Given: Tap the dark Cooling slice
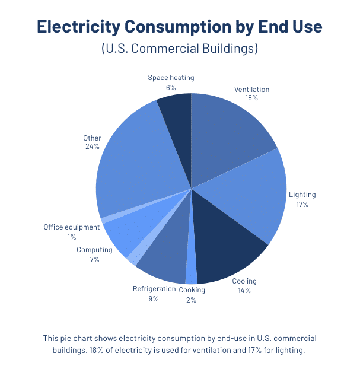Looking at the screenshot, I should click(228, 243).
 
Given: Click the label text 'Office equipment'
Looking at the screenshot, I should click(71, 227).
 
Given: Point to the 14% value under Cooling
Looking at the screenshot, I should click(244, 290).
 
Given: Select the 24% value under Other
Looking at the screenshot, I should click(92, 147).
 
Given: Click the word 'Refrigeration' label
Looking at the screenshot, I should click(154, 289).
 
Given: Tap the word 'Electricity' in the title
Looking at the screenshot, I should click(87, 26).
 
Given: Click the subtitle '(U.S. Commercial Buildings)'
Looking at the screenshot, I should click(180, 48).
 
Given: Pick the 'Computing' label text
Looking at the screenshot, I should click(94, 250).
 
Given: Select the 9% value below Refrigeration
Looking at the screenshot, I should click(154, 299).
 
